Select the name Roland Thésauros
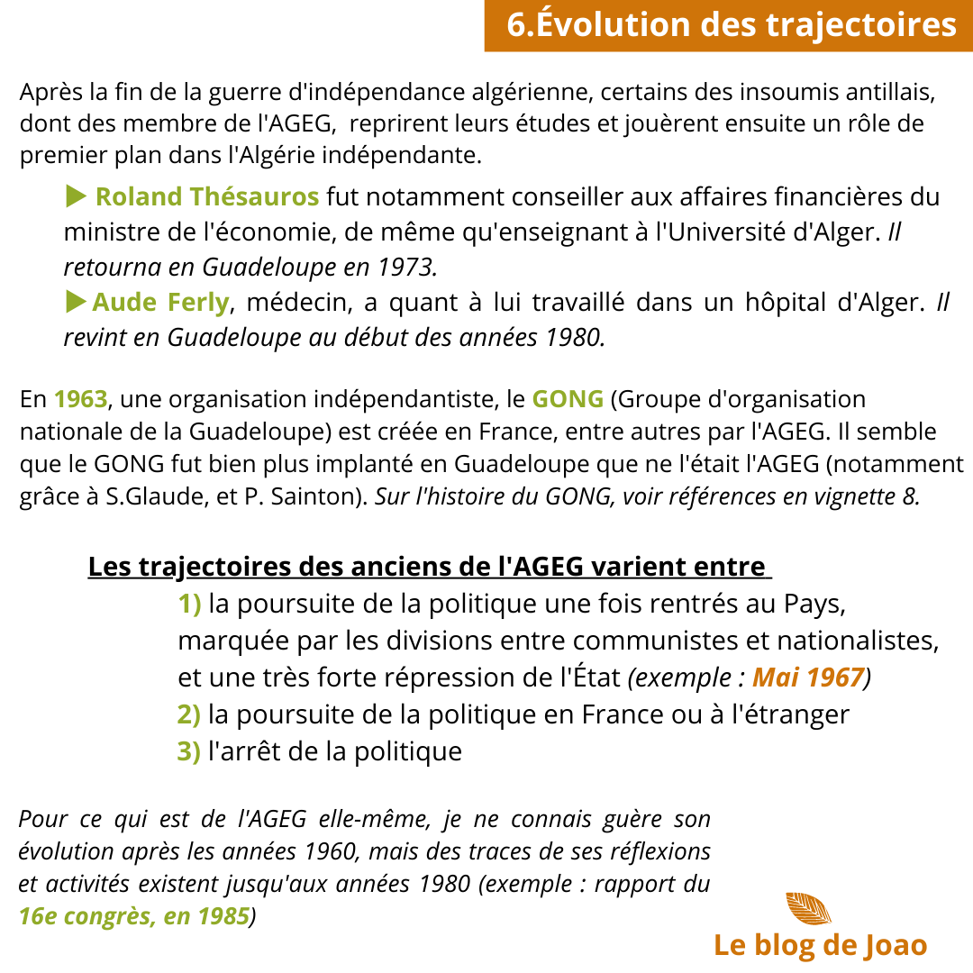pyautogui.click(x=207, y=196)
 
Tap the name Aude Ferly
pyautogui.click(x=160, y=303)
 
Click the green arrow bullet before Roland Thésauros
pyautogui.click(x=77, y=196)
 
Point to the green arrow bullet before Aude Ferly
pyautogui.click(x=77, y=302)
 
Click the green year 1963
pyautogui.click(x=79, y=398)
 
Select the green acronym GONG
pyautogui.click(x=568, y=398)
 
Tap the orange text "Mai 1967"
pyautogui.click(x=808, y=677)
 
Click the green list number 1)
pyautogui.click(x=189, y=605)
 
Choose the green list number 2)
pyautogui.click(x=189, y=714)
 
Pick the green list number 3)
pyautogui.click(x=189, y=750)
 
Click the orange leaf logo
pyautogui.click(x=808, y=908)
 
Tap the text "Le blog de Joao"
pyautogui.click(x=820, y=945)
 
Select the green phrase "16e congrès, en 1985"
pyautogui.click(x=134, y=916)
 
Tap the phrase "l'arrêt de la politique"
pyautogui.click(x=334, y=750)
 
